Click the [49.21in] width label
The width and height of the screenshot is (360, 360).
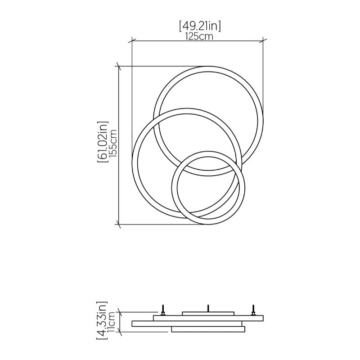pos(200,26)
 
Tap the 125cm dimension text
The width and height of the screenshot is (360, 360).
pos(199,36)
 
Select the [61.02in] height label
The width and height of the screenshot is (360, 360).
pos(103,142)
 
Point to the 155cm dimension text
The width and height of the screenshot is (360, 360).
pos(113,144)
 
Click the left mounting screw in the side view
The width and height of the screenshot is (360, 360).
pos(163,310)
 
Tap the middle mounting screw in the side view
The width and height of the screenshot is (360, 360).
pos(208,308)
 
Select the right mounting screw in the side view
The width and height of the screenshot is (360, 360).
pos(253,310)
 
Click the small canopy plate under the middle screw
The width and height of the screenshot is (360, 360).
pos(208,314)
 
